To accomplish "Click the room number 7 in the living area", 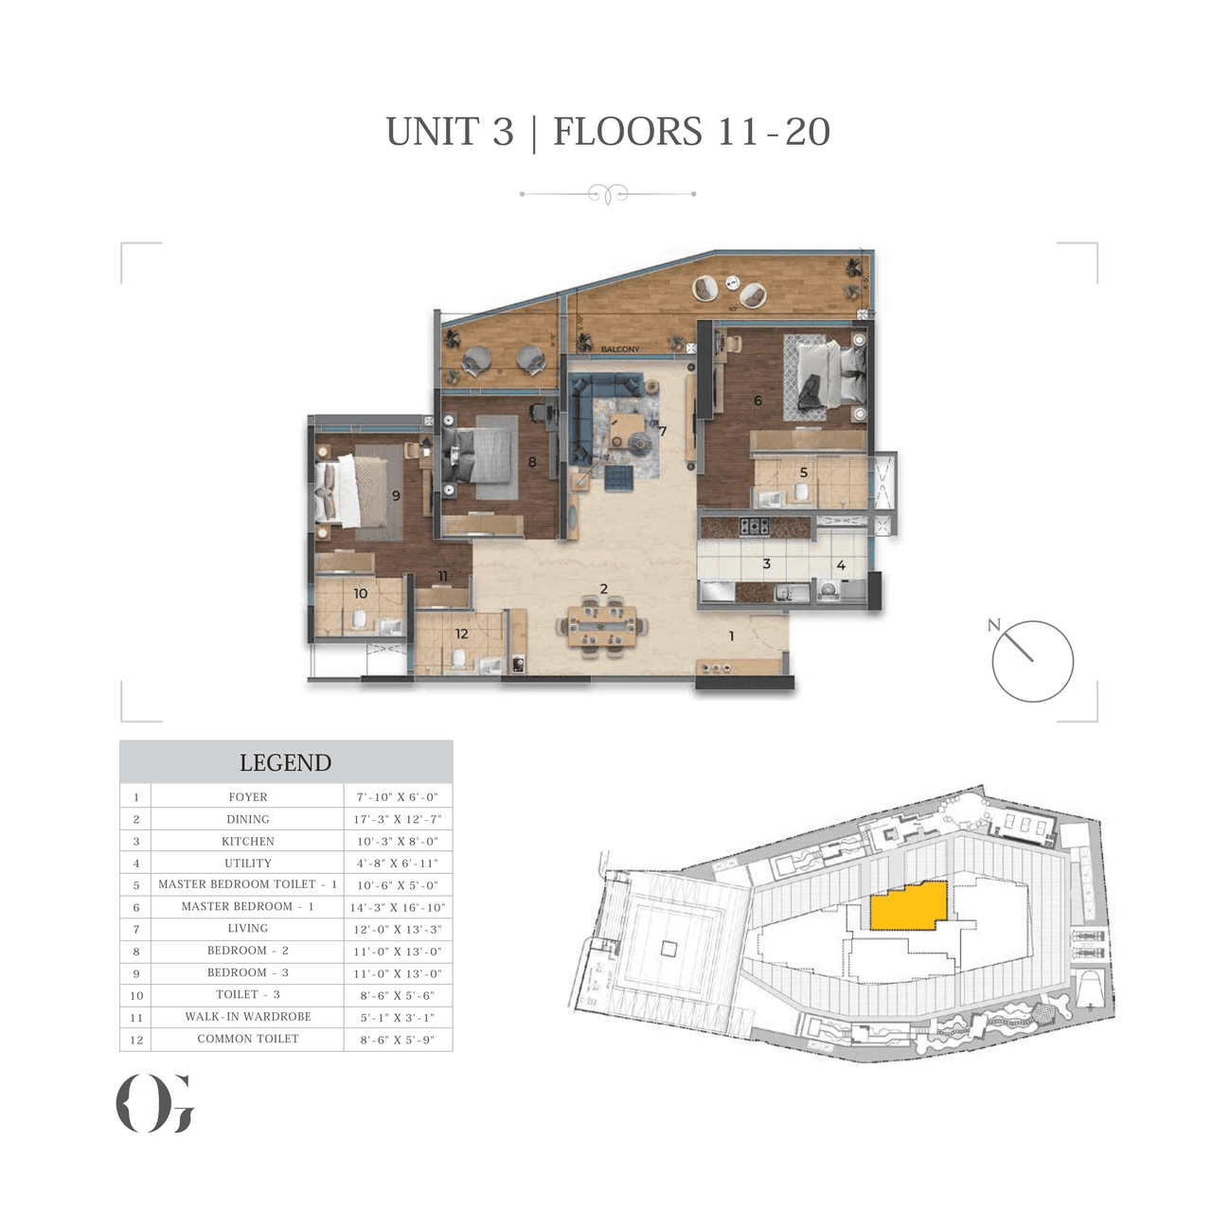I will (663, 432).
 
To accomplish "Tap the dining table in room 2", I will (603, 626).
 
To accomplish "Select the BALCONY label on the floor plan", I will (620, 349).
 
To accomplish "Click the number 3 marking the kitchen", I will (766, 564).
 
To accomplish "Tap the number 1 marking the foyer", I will (731, 636).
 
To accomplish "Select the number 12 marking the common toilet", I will (461, 634).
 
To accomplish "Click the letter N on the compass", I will (993, 625).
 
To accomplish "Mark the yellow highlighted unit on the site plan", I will (908, 906).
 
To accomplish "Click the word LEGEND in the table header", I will (285, 763).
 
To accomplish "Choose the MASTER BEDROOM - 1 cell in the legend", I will (247, 907).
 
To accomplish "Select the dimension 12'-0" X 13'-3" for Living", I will (398, 930).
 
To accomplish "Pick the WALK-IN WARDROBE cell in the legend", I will (247, 1017).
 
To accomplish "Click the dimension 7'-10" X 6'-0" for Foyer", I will (398, 797).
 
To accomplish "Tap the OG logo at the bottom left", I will (155, 1103).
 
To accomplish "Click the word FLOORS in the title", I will (627, 132).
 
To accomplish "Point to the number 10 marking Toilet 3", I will (360, 594).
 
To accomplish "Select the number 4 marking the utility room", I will (840, 565).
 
